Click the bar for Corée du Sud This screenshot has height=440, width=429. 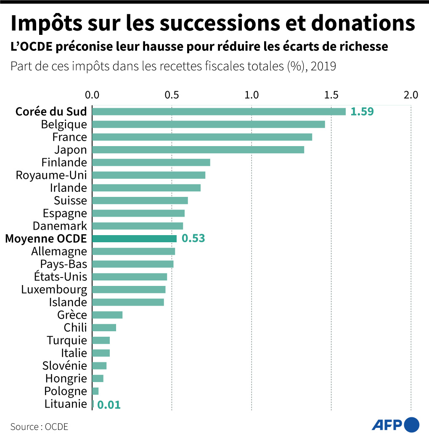[219, 112]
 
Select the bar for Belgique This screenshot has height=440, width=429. [208, 124]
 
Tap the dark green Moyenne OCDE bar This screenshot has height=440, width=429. [134, 239]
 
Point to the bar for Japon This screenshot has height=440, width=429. [198, 150]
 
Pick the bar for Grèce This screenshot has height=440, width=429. [107, 315]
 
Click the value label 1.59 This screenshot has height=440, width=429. [362, 112]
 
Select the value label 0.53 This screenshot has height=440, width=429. [193, 239]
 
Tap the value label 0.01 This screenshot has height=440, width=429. [109, 405]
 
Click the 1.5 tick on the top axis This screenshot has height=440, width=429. [331, 95]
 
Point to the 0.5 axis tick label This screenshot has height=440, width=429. [172, 95]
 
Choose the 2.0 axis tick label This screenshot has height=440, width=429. [410, 95]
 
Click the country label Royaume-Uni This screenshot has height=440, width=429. [51, 175]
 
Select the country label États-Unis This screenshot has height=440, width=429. [61, 277]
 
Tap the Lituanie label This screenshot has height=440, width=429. [66, 404]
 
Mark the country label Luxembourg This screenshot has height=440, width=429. [54, 290]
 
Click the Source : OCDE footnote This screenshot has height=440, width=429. [39, 427]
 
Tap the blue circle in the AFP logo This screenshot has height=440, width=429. [412, 425]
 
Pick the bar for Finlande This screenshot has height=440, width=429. [151, 162]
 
